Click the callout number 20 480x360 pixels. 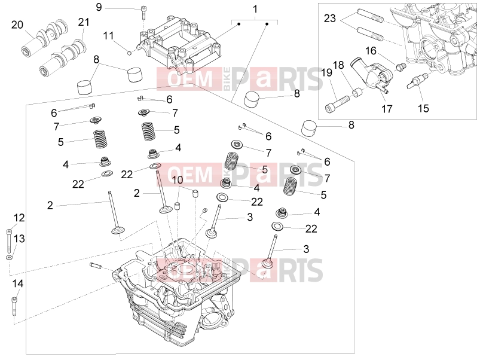point(17,25)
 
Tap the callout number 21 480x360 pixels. point(84,22)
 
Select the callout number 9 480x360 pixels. point(99,7)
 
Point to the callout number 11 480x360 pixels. point(108,36)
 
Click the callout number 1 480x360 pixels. point(255,9)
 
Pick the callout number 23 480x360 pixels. point(330,19)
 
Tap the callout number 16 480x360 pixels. point(371,50)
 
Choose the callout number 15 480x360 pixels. point(423,108)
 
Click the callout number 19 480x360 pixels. point(326,72)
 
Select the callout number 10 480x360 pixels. point(178,179)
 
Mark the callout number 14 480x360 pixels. point(18,283)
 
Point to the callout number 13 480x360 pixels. point(19,239)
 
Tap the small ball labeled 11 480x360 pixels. point(130,53)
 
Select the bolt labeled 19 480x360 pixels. point(337,105)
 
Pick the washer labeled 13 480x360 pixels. point(9,258)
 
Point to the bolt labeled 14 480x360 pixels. point(14,306)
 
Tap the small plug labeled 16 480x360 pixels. point(401,66)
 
